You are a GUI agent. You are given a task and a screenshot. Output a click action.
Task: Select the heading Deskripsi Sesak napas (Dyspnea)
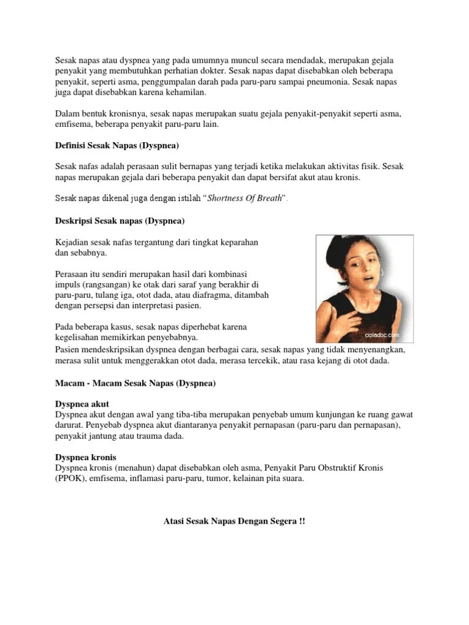(120, 220)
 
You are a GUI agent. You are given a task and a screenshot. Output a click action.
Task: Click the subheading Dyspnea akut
(82, 405)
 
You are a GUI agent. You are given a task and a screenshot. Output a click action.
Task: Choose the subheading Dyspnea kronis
(85, 457)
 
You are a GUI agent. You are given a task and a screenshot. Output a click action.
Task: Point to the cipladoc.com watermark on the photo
(382, 335)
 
